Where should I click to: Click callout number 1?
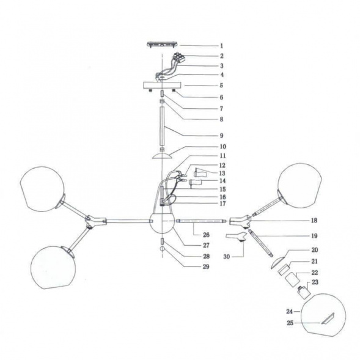click(x=221, y=46)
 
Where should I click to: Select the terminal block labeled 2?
click(x=180, y=57)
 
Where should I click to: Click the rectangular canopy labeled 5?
click(x=162, y=86)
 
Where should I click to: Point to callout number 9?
click(x=221, y=136)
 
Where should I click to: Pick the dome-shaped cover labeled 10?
click(x=162, y=156)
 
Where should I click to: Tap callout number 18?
click(x=314, y=221)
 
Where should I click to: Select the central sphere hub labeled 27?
click(x=162, y=224)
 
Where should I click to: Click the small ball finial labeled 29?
click(x=163, y=248)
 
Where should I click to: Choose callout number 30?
click(x=226, y=257)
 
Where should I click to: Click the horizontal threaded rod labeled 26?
click(x=201, y=221)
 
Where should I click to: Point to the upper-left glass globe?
click(x=42, y=188)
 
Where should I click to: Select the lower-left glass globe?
click(x=53, y=268)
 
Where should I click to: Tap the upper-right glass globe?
click(x=299, y=185)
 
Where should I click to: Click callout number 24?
click(x=289, y=312)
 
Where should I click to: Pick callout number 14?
click(x=222, y=181)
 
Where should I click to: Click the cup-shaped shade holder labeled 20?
click(x=279, y=262)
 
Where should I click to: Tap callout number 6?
click(x=221, y=97)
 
